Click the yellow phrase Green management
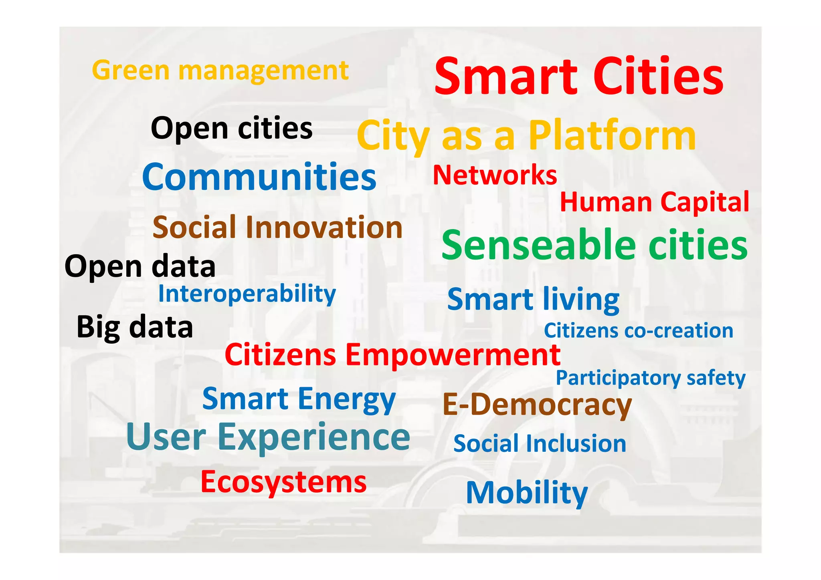[x=220, y=71]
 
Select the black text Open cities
[x=231, y=128]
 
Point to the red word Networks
[x=495, y=175]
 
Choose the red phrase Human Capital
[x=654, y=202]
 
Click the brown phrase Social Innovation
[x=277, y=227]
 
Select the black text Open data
[x=140, y=266]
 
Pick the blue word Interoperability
[x=247, y=294]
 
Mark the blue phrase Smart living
[x=533, y=299]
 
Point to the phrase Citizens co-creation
[x=638, y=331]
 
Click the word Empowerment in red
[x=453, y=355]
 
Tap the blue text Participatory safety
[x=650, y=378]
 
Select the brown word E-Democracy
[x=537, y=405]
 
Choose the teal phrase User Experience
[x=268, y=437]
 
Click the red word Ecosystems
[x=283, y=482]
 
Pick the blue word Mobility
[x=527, y=493]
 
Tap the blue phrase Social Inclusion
[x=540, y=444]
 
